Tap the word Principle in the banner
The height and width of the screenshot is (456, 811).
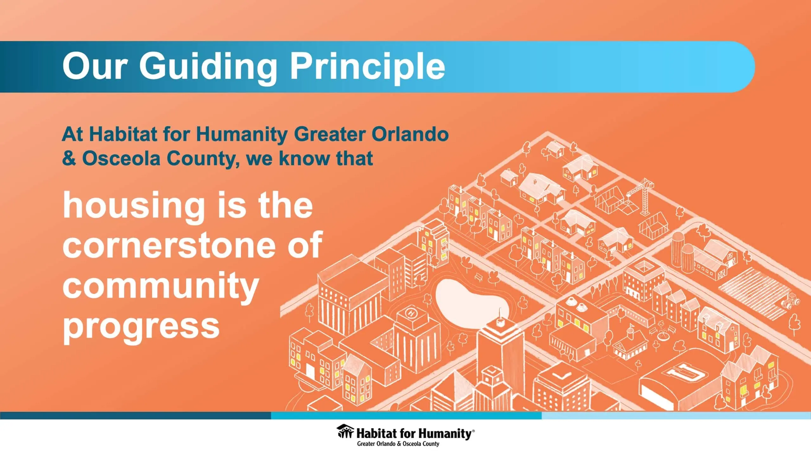(368, 67)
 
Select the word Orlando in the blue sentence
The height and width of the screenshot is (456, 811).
(410, 134)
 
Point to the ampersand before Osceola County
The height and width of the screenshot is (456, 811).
(69, 158)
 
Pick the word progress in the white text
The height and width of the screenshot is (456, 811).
(141, 326)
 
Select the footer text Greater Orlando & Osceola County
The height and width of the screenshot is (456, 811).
(398, 444)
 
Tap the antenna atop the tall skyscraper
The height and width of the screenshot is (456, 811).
(500, 315)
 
